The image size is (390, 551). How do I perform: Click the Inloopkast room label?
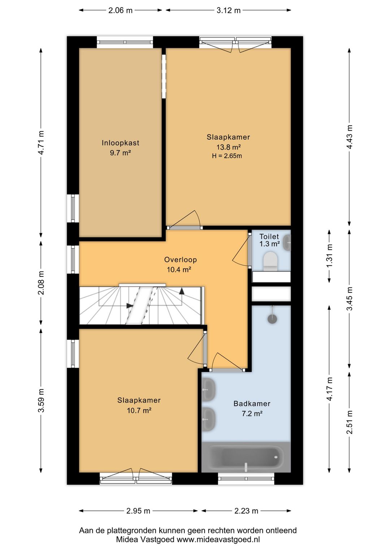[x=120, y=143]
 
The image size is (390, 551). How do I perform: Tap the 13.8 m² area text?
[x=228, y=147]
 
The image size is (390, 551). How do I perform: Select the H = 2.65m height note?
[x=227, y=156]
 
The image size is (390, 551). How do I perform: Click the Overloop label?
[x=180, y=260]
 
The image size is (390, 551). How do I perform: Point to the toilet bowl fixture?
[x=270, y=261]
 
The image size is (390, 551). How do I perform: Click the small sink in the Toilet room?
[x=287, y=243]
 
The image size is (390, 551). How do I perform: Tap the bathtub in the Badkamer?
[x=246, y=457]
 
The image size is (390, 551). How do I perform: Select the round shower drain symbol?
[x=272, y=319]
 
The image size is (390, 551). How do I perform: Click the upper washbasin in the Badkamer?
[x=209, y=389]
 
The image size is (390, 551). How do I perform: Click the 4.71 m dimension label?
[x=41, y=143]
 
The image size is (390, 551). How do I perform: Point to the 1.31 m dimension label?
[x=330, y=256]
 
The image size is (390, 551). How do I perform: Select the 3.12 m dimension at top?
[x=228, y=10]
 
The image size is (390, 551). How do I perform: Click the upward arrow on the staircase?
[x=182, y=291]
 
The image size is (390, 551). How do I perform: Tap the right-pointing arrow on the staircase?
[x=130, y=306]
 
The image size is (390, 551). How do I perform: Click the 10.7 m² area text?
[x=139, y=411]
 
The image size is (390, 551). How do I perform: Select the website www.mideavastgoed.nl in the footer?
[x=218, y=540]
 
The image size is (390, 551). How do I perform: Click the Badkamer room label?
[x=252, y=404]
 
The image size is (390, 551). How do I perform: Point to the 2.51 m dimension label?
[x=350, y=422]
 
